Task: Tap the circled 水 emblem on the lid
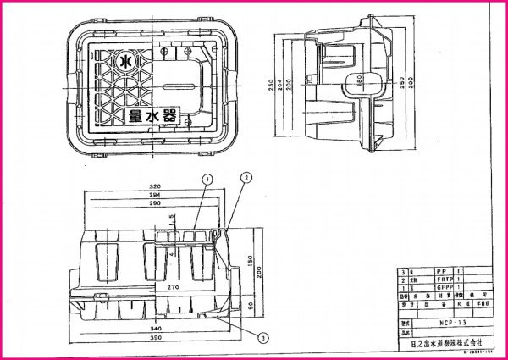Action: click(124, 63)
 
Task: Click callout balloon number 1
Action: click(206, 179)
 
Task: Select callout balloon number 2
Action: click(246, 177)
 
